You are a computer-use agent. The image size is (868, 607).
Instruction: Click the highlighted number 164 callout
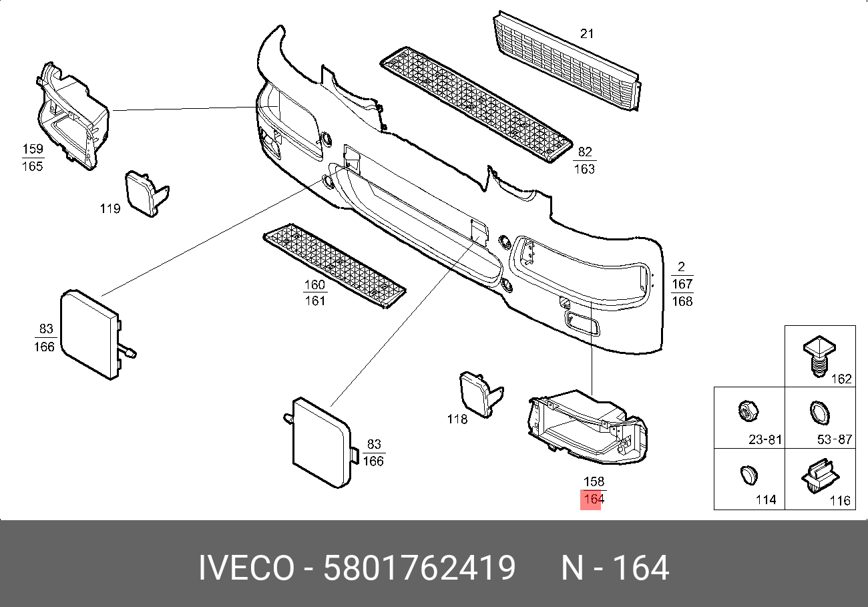pyautogui.click(x=591, y=499)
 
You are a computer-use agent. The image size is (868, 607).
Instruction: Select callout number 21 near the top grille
pyautogui.click(x=586, y=33)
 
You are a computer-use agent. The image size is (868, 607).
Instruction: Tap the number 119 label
pyautogui.click(x=110, y=209)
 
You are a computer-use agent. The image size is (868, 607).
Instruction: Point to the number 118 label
pyautogui.click(x=457, y=419)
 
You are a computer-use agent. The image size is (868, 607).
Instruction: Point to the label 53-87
pyautogui.click(x=835, y=440)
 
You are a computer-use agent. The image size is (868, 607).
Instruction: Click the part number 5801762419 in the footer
pyautogui.click(x=419, y=569)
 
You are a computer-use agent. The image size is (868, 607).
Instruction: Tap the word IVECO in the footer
pyautogui.click(x=246, y=569)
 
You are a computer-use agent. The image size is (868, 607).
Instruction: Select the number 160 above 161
pyautogui.click(x=314, y=285)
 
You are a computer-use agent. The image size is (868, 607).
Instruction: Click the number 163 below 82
pyautogui.click(x=584, y=169)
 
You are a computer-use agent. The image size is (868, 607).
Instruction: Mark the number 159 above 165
pyautogui.click(x=32, y=150)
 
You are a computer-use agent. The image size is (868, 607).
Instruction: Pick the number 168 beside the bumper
pyautogui.click(x=682, y=301)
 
